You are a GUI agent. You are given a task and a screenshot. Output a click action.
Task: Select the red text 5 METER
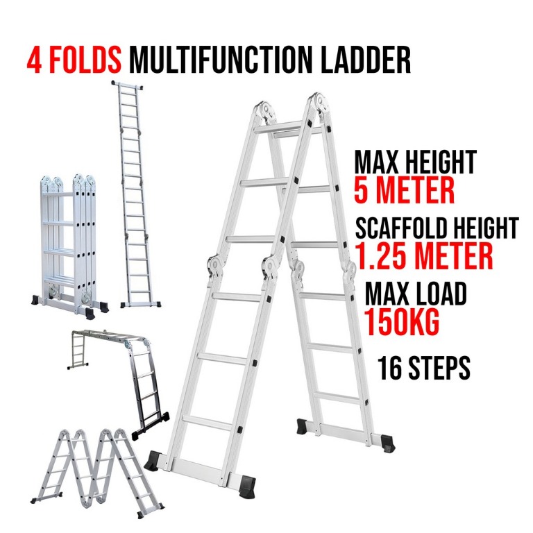pos(404,190)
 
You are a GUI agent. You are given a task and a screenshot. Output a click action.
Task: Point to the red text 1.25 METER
pos(424,255)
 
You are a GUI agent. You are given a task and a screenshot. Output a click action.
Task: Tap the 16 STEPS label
pos(424,369)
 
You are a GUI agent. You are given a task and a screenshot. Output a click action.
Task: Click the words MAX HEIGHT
pos(415,162)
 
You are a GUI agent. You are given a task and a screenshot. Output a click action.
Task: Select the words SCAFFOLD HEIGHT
pos(437,228)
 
